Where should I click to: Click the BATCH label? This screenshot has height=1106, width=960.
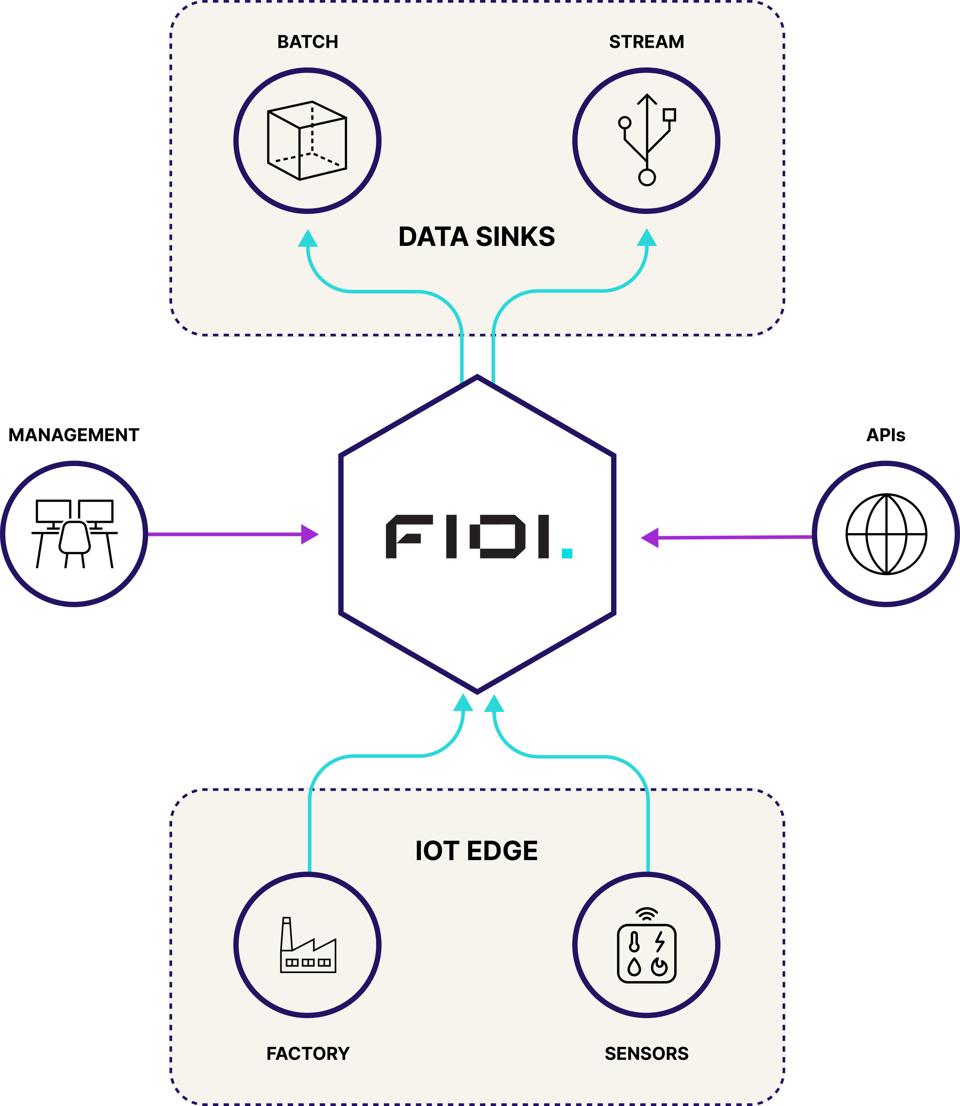click(308, 42)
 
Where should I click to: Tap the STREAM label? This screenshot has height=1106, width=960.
click(647, 42)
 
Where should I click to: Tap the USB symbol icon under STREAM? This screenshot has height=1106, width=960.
click(647, 140)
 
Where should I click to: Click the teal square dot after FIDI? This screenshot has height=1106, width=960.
click(567, 553)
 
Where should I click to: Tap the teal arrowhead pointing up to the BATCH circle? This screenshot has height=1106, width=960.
click(308, 239)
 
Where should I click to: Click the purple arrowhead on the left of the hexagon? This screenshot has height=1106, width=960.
click(310, 534)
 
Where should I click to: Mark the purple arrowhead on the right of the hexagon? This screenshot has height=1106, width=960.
click(650, 537)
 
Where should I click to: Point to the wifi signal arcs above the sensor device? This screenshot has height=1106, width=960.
click(647, 913)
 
